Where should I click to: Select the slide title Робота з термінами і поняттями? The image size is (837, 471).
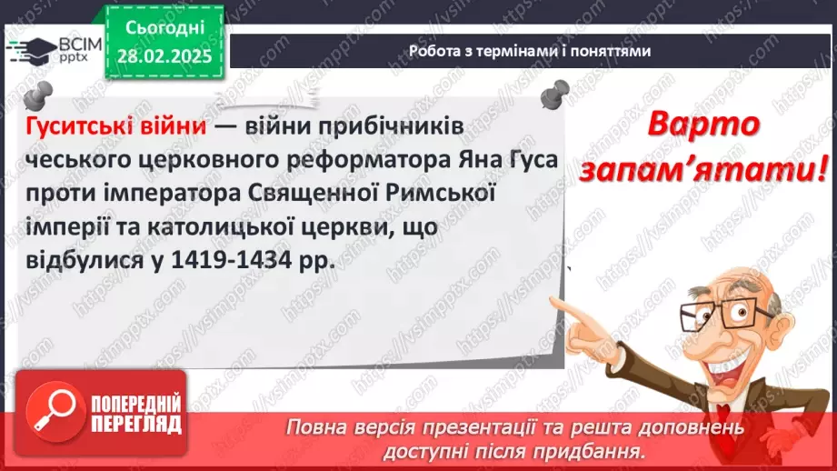pyautogui.click(x=530, y=51)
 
